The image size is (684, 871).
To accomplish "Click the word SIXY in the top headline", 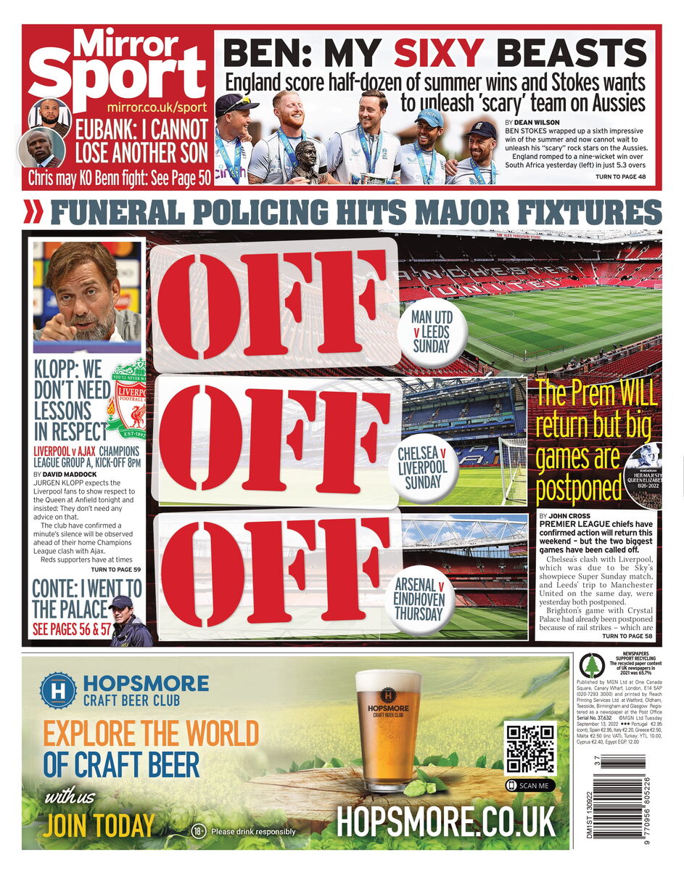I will pos(438,53).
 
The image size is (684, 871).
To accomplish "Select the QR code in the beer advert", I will pos(530,749).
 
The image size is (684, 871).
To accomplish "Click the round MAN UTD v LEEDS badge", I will pos(432,332).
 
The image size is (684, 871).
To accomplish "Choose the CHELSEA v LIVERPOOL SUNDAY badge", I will pos(422,468).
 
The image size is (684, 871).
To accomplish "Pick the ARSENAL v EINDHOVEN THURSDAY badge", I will pos(419,599).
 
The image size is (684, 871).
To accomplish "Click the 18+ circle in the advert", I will pos(199,831).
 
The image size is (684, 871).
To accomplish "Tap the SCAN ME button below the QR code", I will pos(530,785).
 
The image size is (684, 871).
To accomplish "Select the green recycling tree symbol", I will pos(592,665).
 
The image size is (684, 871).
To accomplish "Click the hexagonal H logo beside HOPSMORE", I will pos(58,690).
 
